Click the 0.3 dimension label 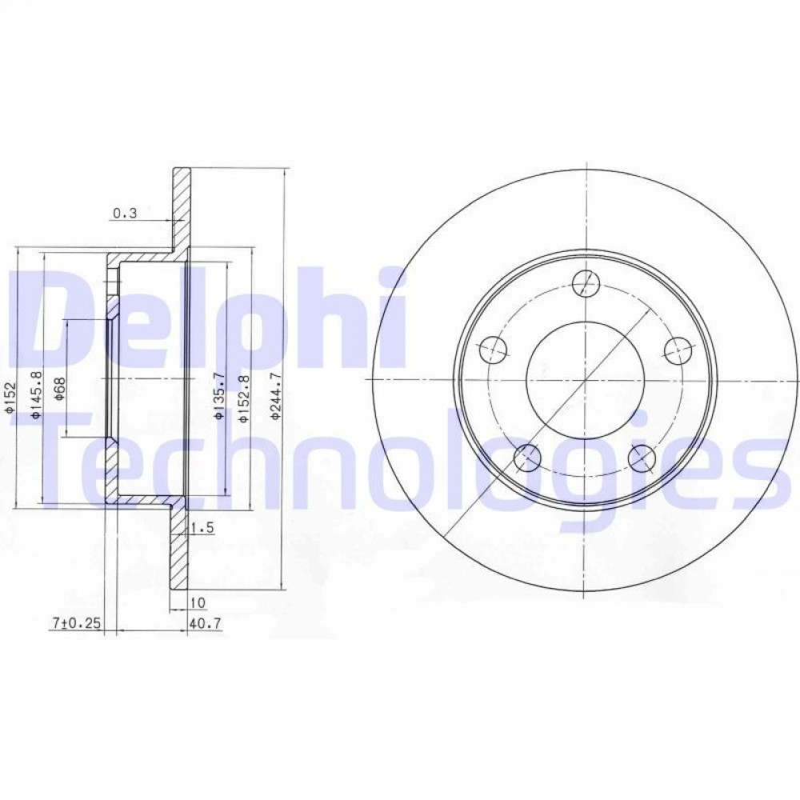125,214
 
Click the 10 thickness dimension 198,602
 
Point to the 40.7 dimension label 205,623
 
